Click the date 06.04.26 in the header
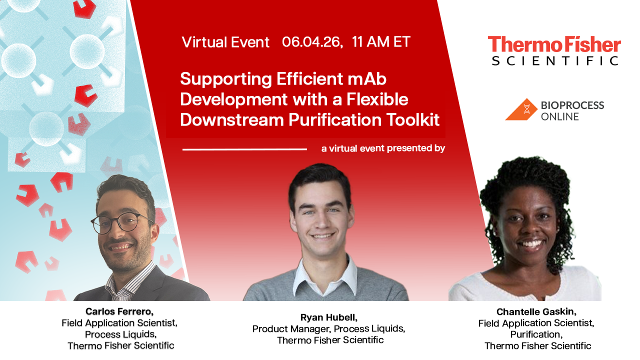click(x=312, y=42)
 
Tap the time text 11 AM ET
click(x=381, y=41)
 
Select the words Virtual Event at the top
click(x=225, y=42)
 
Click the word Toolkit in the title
click(x=413, y=119)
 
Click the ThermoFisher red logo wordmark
click(x=554, y=44)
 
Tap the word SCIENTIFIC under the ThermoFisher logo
click(x=555, y=61)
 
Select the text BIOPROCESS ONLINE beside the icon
click(x=572, y=111)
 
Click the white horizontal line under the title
click(x=244, y=149)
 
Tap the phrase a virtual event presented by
click(x=383, y=148)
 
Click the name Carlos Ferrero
click(x=119, y=311)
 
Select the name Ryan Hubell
click(x=329, y=317)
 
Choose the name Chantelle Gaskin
click(x=536, y=311)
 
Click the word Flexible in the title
click(x=377, y=99)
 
